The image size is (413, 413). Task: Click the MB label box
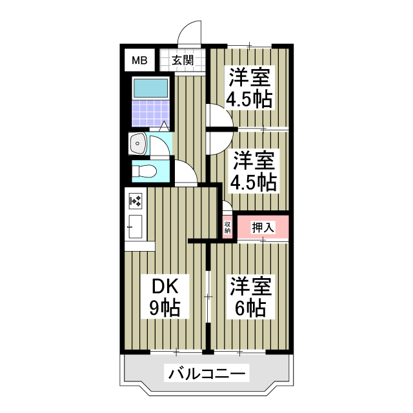(x=139, y=61)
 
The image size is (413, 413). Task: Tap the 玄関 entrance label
(x=182, y=61)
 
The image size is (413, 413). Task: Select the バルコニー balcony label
(x=207, y=374)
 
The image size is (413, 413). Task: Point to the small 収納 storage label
(x=228, y=227)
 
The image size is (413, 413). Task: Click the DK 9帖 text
(x=165, y=297)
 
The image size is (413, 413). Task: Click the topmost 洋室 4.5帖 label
(x=248, y=88)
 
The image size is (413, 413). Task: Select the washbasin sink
(x=138, y=144)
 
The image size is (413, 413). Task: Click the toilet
(x=146, y=172)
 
